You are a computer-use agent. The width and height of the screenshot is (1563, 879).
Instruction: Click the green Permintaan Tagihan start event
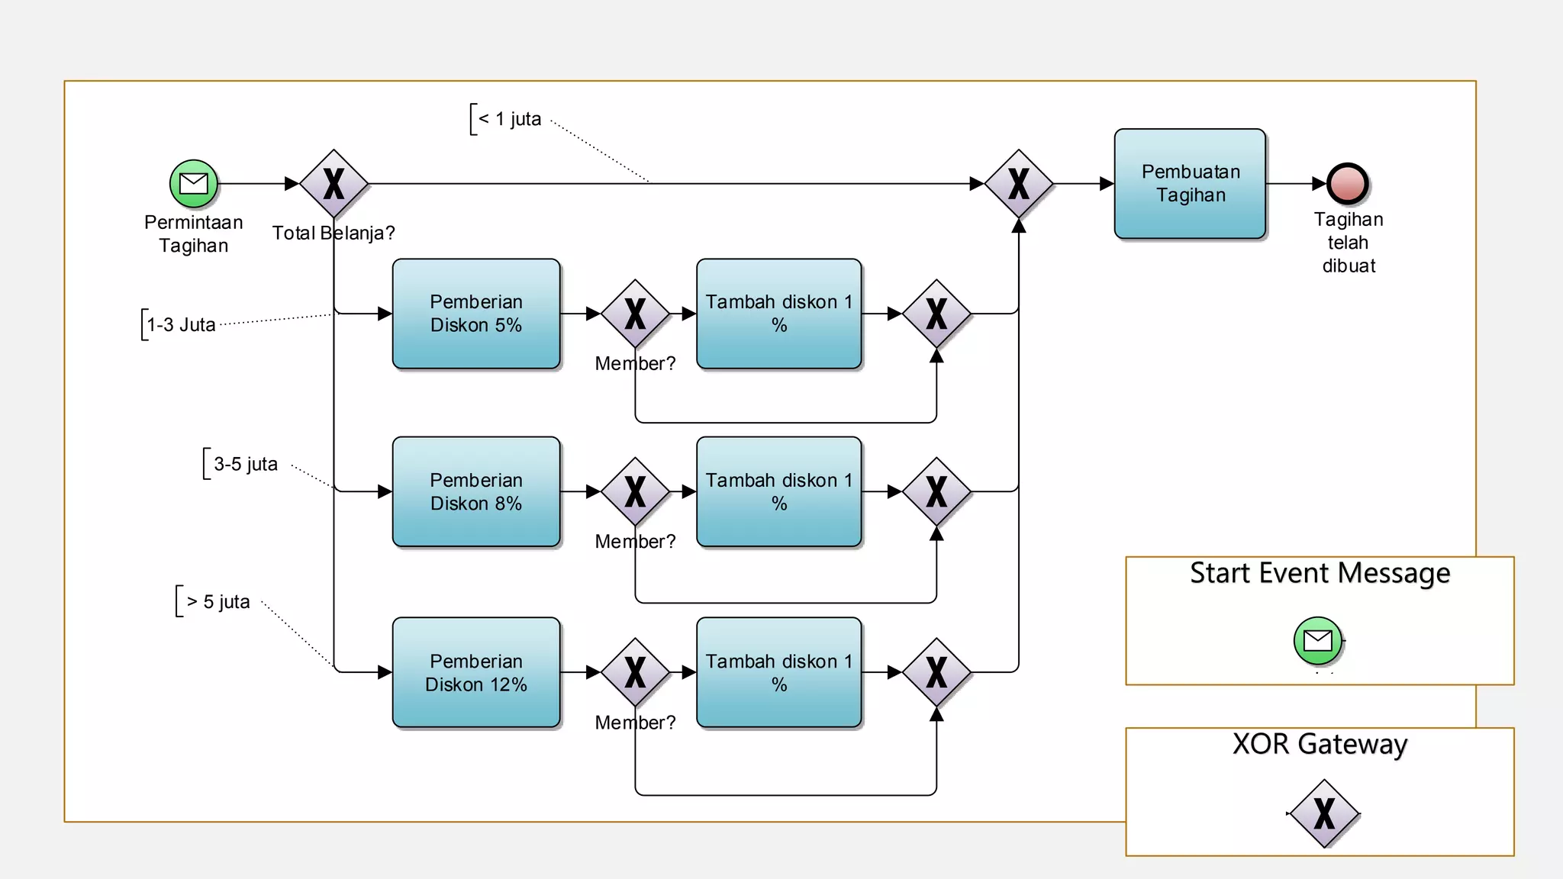tap(194, 184)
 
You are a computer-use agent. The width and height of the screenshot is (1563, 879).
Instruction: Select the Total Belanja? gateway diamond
tap(334, 184)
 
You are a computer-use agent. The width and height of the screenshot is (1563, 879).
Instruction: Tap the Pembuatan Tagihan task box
tap(1190, 184)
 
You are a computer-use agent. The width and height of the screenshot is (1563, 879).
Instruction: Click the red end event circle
tap(1348, 184)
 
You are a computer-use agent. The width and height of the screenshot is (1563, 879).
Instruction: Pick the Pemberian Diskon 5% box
tap(476, 314)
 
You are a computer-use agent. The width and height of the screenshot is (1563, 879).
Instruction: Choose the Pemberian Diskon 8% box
tap(476, 491)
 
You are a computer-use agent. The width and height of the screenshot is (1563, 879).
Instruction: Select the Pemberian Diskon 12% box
tap(476, 672)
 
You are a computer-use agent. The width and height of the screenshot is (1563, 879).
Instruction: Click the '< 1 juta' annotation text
tap(510, 119)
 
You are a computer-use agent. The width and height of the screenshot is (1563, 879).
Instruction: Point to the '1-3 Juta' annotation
tap(181, 325)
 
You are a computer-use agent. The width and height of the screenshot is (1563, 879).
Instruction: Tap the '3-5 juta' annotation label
tap(245, 464)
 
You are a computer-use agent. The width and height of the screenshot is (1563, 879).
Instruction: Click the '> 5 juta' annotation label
tap(218, 602)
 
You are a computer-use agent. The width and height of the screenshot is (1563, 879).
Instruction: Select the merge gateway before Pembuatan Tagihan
tap(1019, 184)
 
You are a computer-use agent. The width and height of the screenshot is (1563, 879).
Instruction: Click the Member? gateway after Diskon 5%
tap(635, 314)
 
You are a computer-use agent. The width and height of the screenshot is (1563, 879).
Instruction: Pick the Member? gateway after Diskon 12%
tap(635, 672)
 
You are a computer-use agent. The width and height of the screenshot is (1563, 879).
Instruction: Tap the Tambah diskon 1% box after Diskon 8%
tap(778, 491)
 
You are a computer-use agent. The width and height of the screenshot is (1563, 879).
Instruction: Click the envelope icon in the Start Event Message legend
tap(1318, 640)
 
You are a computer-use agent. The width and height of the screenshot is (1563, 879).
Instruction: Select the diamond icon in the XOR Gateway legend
tap(1324, 813)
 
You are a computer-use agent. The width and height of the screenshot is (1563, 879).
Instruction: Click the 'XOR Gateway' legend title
tap(1320, 744)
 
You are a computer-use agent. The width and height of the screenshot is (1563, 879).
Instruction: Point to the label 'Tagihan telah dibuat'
tap(1348, 243)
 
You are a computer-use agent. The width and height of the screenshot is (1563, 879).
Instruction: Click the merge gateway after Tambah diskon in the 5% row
tap(936, 314)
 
